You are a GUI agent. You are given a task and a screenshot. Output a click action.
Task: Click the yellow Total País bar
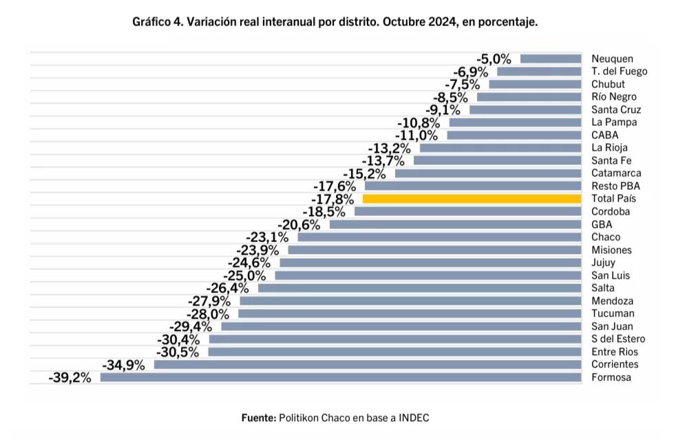pyautogui.click(x=471, y=199)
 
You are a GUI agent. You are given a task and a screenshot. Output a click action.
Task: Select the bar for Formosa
pyautogui.click(x=341, y=377)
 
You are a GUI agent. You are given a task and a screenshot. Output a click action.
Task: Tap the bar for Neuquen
pyautogui.click(x=551, y=58)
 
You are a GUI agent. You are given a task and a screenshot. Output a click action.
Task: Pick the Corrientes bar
pyautogui.click(x=368, y=365)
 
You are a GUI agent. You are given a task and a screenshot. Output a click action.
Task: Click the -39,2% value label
pyautogui.click(x=70, y=378)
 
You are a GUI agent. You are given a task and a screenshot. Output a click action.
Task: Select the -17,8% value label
pyautogui.click(x=333, y=200)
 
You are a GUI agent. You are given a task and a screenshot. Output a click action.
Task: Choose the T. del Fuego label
pyautogui.click(x=619, y=72)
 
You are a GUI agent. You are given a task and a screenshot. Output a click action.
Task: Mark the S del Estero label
pyautogui.click(x=618, y=339)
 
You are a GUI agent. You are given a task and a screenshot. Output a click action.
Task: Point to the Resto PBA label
pyautogui.click(x=615, y=186)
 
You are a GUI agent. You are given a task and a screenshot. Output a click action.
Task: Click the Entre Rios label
pyautogui.click(x=615, y=352)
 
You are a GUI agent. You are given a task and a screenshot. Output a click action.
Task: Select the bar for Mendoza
pyautogui.click(x=410, y=301)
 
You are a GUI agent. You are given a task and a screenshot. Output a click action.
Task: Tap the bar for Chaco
pyautogui.click(x=439, y=237)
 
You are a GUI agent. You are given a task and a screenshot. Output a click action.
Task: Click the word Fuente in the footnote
pyautogui.click(x=258, y=418)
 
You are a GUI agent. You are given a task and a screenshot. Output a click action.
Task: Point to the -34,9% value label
pyautogui.click(x=123, y=365)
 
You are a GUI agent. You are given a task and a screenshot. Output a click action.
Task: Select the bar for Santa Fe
pyautogui.click(x=497, y=160)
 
